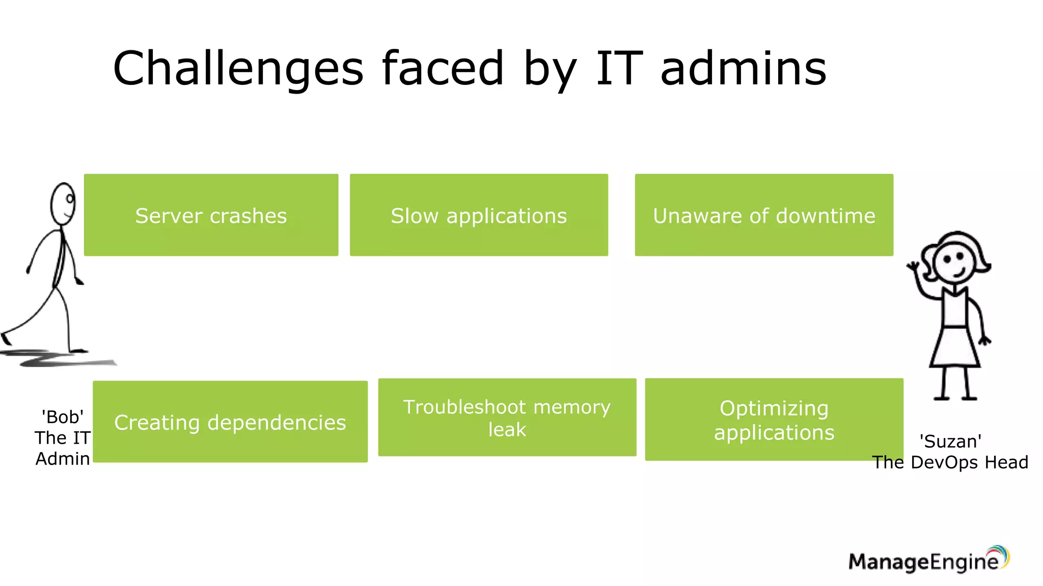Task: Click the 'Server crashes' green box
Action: (211, 215)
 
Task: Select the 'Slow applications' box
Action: (479, 215)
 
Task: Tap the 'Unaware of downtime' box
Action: (764, 215)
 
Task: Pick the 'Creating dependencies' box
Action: (230, 421)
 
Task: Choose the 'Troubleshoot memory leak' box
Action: (507, 417)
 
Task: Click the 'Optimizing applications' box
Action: (774, 419)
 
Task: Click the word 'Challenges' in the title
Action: (238, 69)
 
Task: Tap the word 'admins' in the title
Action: (744, 69)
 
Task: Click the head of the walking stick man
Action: (63, 203)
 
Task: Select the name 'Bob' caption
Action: (63, 417)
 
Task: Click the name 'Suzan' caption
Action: (950, 442)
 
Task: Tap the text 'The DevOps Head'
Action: (950, 462)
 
